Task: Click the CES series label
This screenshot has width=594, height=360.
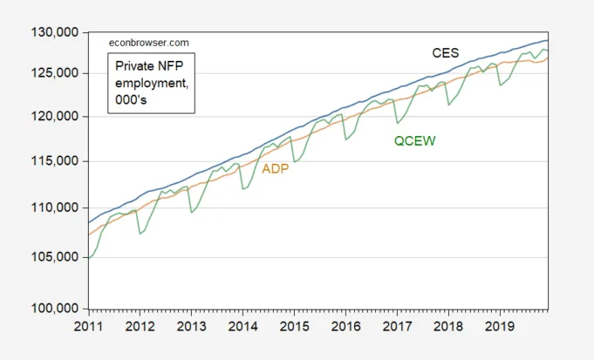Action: pyautogui.click(x=446, y=53)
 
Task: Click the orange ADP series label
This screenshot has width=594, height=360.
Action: pyautogui.click(x=276, y=169)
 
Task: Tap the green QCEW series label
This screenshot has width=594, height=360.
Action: pyautogui.click(x=411, y=141)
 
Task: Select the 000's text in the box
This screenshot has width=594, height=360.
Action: pyautogui.click(x=131, y=97)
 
